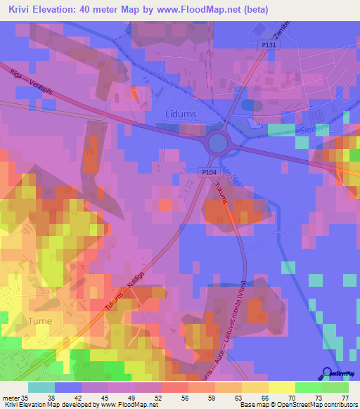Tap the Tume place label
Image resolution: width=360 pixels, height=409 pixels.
(40, 320)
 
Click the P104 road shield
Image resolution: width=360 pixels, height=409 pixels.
(208, 171)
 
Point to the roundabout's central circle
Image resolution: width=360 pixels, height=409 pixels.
(218, 144)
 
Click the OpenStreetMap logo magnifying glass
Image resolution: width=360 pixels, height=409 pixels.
(328, 372)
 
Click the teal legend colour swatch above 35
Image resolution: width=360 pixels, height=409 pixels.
(41, 387)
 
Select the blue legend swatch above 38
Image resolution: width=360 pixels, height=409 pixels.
(68, 387)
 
